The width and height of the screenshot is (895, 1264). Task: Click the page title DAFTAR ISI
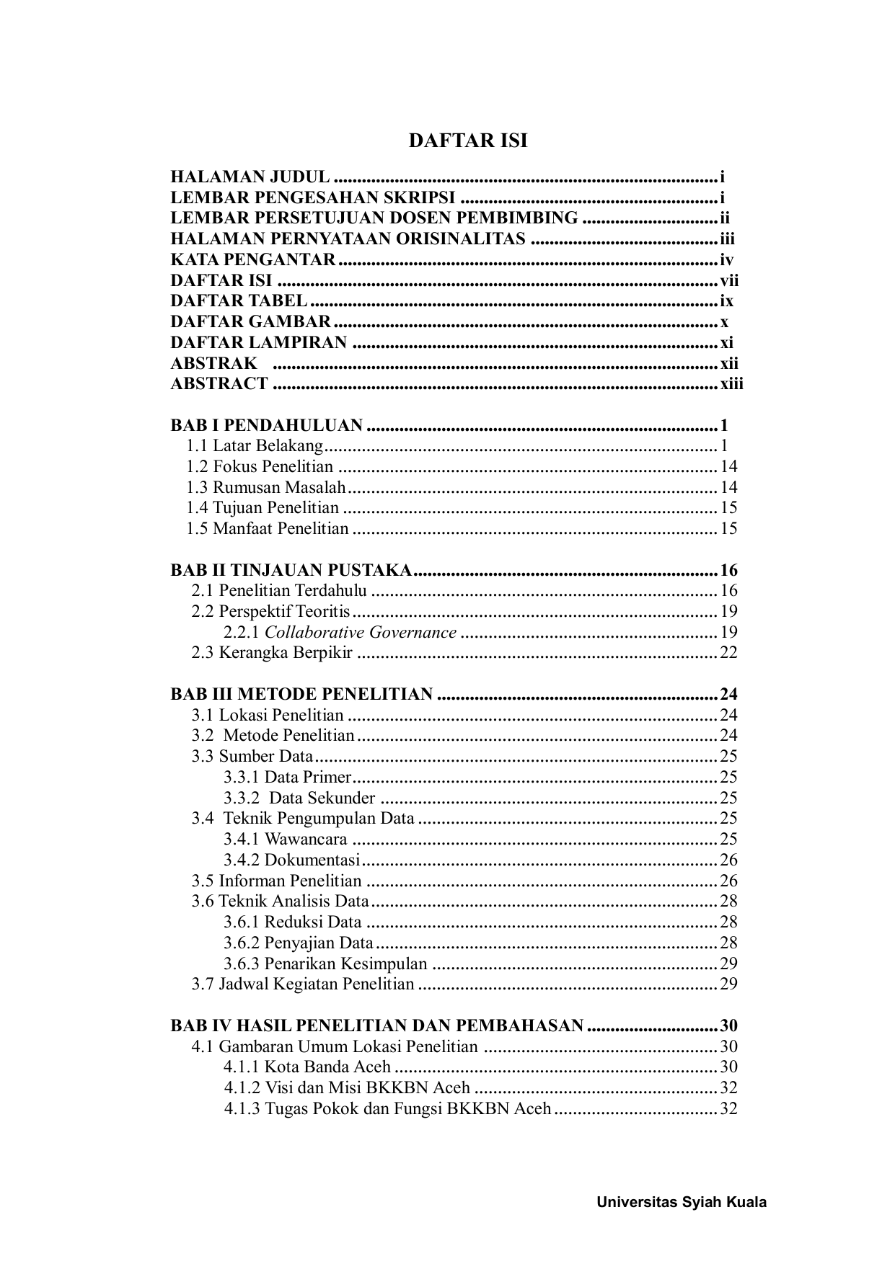pyautogui.click(x=468, y=141)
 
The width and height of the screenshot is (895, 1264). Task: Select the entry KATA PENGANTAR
pyautogui.click(x=253, y=260)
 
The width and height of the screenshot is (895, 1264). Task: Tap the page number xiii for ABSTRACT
pyautogui.click(x=731, y=384)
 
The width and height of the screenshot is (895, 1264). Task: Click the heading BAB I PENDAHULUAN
pyautogui.click(x=266, y=425)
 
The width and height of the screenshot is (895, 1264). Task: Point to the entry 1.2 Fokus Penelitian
pyautogui.click(x=260, y=467)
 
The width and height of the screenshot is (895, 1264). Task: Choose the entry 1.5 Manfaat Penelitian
pyautogui.click(x=267, y=529)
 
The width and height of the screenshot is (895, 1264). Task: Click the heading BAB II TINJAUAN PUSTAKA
pyautogui.click(x=291, y=571)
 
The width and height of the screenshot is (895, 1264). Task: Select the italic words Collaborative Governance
pyautogui.click(x=361, y=633)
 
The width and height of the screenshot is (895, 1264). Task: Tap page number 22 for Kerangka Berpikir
pyautogui.click(x=728, y=653)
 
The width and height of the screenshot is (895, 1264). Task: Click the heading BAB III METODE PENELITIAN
pyautogui.click(x=301, y=695)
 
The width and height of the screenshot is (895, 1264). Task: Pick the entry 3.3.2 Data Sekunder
pyautogui.click(x=299, y=798)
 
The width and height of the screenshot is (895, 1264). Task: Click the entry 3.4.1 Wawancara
pyautogui.click(x=286, y=840)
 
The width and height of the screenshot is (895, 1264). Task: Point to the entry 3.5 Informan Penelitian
pyautogui.click(x=276, y=881)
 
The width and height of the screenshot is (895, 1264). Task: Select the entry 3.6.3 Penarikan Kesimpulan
pyautogui.click(x=325, y=963)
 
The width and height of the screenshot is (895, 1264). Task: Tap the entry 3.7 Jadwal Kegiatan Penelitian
pyautogui.click(x=303, y=984)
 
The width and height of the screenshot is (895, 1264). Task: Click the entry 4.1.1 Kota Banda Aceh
pyautogui.click(x=307, y=1067)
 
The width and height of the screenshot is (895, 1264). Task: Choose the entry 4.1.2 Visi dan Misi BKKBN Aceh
pyautogui.click(x=347, y=1088)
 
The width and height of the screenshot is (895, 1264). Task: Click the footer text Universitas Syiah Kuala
pyautogui.click(x=682, y=1202)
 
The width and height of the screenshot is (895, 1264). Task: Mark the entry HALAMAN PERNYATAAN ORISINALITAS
pyautogui.click(x=348, y=239)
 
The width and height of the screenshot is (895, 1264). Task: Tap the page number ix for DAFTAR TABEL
pyautogui.click(x=726, y=301)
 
